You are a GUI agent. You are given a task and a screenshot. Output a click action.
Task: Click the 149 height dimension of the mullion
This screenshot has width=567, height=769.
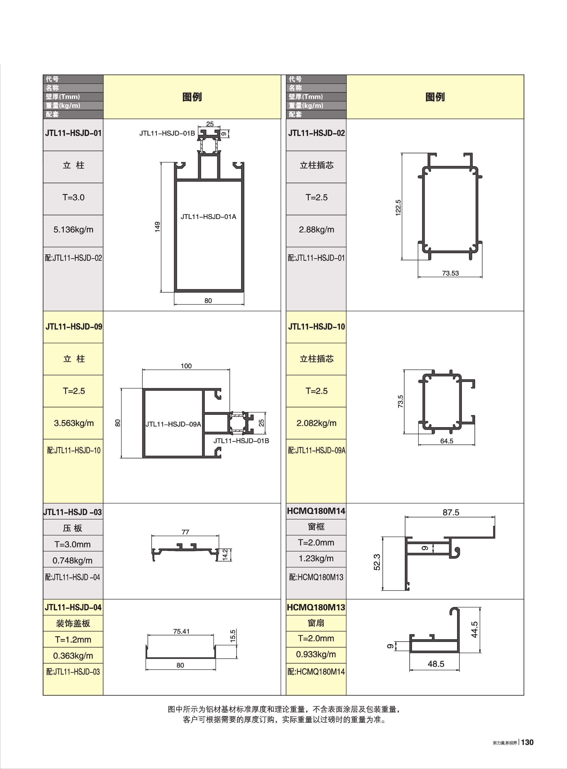(157, 227)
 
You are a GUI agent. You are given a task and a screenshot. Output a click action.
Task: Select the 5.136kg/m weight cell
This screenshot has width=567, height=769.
(73, 230)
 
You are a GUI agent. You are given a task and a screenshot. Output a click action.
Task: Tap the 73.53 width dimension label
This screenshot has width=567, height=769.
(450, 273)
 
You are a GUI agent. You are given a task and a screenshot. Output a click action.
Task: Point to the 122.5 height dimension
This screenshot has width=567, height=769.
(398, 207)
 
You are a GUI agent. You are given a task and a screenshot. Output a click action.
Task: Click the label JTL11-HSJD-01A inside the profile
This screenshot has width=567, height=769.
(208, 216)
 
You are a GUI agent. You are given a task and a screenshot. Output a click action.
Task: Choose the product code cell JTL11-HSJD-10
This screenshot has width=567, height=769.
(316, 326)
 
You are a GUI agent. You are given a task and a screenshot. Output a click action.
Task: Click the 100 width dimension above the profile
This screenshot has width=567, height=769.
(186, 366)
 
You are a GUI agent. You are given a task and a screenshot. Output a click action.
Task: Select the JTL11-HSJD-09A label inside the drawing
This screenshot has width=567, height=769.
(173, 424)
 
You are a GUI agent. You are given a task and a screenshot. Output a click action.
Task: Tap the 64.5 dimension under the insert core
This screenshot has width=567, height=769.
(447, 441)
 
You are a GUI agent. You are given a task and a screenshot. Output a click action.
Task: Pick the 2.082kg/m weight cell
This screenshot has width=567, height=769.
(316, 423)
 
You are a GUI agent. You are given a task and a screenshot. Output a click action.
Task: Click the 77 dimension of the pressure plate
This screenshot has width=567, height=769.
(185, 532)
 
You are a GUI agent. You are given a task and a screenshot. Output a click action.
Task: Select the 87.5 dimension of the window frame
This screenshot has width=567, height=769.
(451, 512)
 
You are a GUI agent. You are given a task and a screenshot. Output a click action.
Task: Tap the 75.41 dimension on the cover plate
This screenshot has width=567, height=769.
(181, 631)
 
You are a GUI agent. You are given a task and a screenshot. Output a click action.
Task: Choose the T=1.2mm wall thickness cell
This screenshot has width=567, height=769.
(73, 639)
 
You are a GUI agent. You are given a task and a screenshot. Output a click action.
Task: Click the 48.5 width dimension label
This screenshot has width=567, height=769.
(436, 664)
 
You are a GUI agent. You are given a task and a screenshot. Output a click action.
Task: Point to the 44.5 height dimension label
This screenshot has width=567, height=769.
(474, 629)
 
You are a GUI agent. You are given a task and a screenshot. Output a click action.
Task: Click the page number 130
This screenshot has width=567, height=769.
(527, 742)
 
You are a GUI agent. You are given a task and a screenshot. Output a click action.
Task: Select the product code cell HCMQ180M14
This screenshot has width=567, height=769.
(316, 511)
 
